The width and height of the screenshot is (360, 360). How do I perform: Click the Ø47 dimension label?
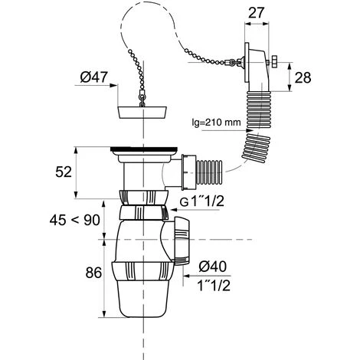(93, 77)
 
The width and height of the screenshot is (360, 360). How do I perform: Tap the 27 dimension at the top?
(256, 13)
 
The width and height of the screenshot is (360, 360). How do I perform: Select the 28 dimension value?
(303, 77)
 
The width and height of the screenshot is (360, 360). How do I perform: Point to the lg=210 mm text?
(216, 123)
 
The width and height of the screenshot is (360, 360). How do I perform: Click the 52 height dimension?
(64, 172)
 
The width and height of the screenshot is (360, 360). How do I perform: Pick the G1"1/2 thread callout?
(202, 201)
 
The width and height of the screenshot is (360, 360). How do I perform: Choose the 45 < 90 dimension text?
(74, 220)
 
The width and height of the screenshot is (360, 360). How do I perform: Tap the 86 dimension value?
(93, 273)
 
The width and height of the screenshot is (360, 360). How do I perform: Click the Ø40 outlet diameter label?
(213, 267)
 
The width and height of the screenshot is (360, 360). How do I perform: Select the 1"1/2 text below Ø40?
(214, 285)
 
